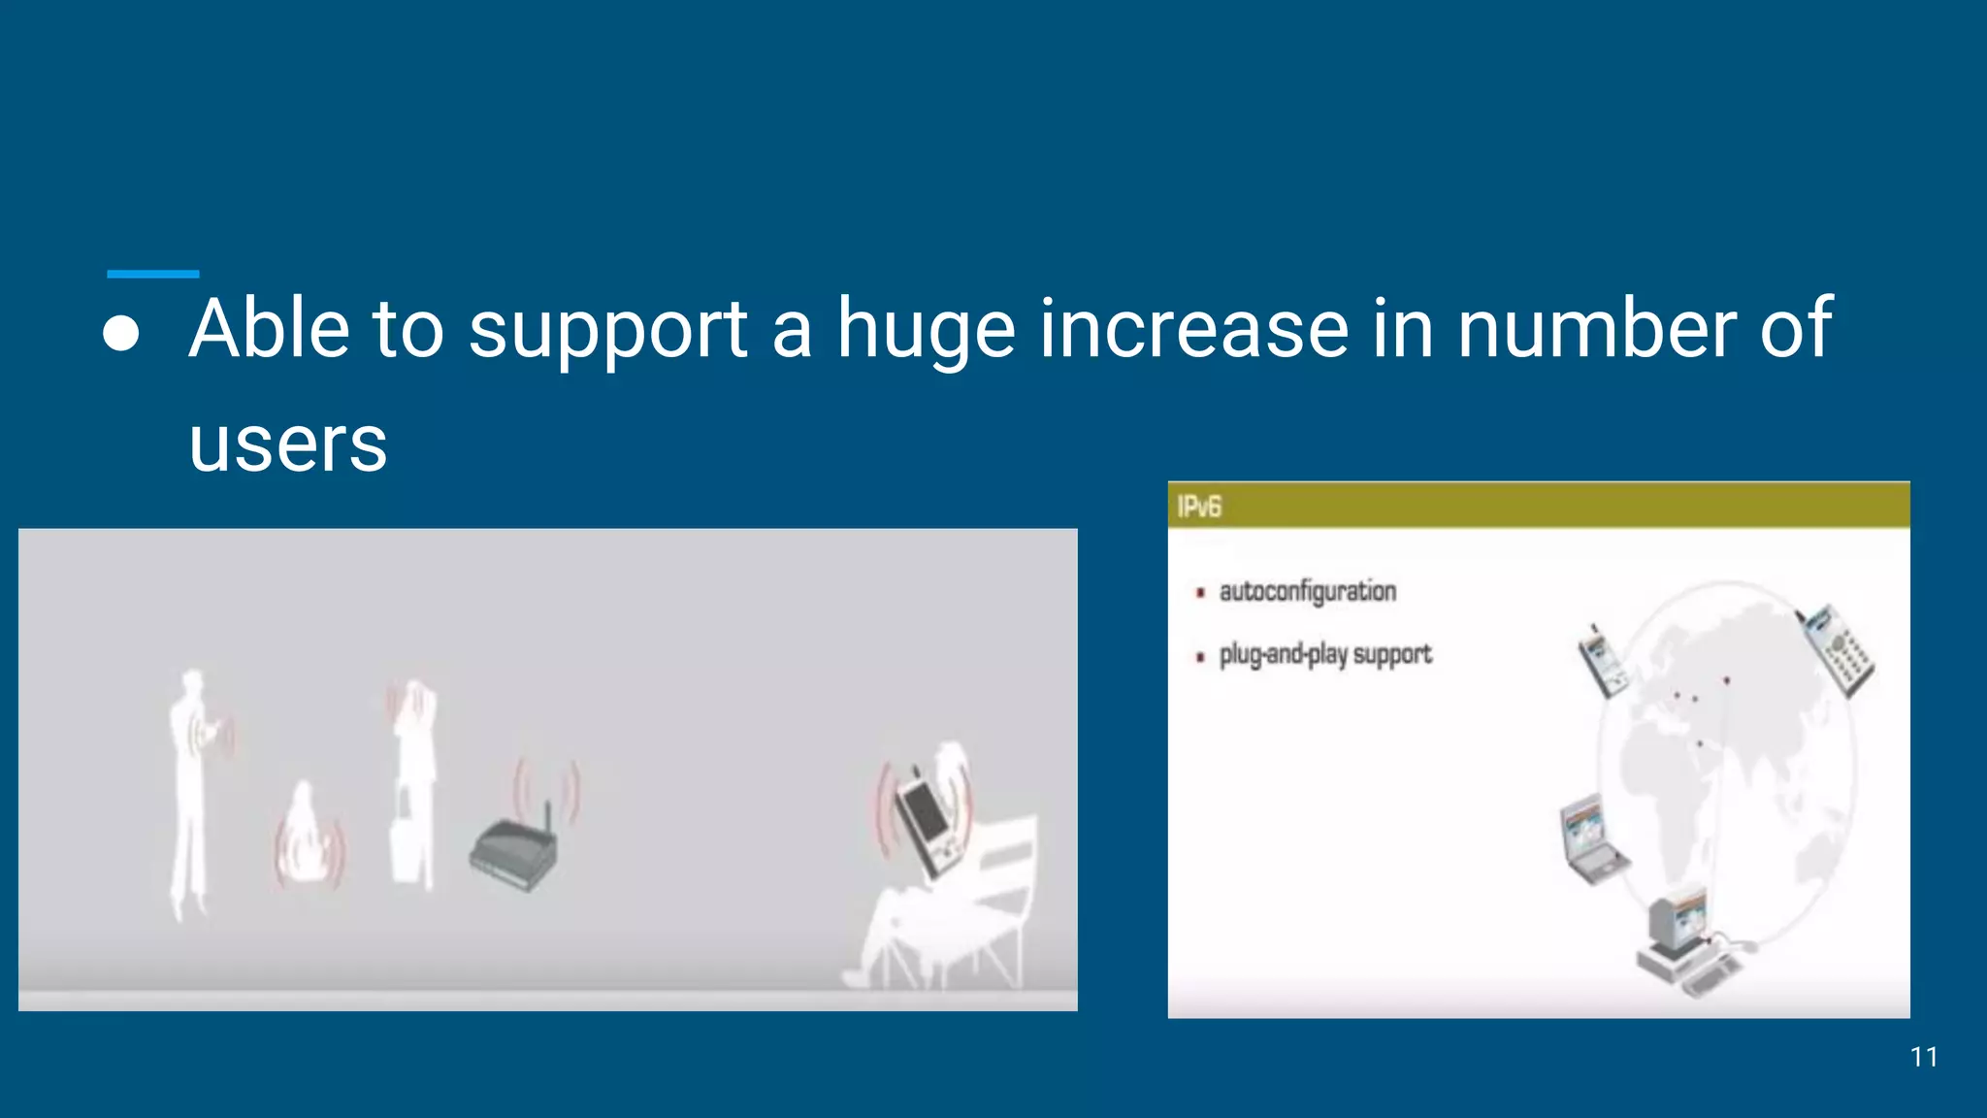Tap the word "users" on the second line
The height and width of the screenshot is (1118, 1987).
coord(288,444)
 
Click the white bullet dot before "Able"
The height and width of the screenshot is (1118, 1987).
coord(121,333)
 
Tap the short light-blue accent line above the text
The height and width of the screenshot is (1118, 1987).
coord(152,275)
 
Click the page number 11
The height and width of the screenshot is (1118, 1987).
coord(1923,1057)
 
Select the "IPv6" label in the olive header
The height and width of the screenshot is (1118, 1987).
coord(1199,507)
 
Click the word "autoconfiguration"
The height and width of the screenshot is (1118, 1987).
coord(1307,592)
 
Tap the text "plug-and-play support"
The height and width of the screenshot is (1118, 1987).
coord(1324,655)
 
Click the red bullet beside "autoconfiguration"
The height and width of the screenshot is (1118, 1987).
coord(1201,592)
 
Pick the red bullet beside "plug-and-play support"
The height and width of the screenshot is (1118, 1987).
coord(1201,657)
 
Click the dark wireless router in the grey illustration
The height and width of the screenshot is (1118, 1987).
coord(514,854)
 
